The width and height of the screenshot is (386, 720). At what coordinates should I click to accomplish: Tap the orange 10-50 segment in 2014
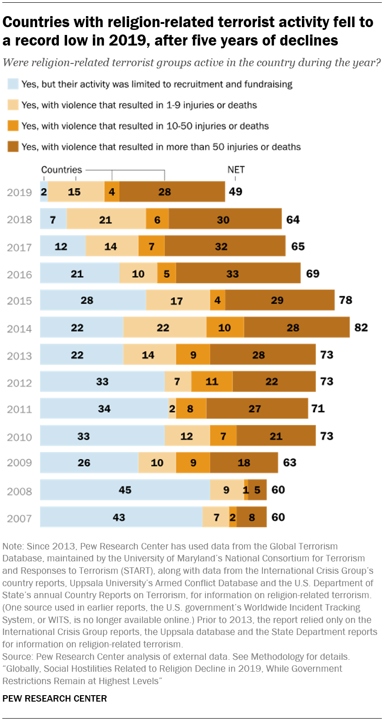225,328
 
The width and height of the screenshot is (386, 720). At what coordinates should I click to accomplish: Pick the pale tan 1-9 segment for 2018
106,219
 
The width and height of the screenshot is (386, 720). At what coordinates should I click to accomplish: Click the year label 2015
20,301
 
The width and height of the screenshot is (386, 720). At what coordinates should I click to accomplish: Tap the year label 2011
20,409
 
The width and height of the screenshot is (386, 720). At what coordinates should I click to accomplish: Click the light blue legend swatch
12,84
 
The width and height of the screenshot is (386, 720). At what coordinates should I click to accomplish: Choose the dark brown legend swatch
12,147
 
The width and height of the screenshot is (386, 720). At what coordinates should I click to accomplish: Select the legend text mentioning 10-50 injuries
145,126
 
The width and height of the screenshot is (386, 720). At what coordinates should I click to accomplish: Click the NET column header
236,170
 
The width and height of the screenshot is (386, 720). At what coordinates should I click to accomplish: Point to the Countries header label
62,170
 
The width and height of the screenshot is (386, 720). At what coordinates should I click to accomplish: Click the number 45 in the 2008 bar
125,490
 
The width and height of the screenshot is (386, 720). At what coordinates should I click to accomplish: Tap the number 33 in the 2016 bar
233,274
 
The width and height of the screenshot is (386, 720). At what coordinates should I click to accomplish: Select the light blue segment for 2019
44,192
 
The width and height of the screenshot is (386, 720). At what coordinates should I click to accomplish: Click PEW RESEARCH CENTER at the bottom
55,699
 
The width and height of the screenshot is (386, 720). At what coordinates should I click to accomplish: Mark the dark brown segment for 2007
252,517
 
